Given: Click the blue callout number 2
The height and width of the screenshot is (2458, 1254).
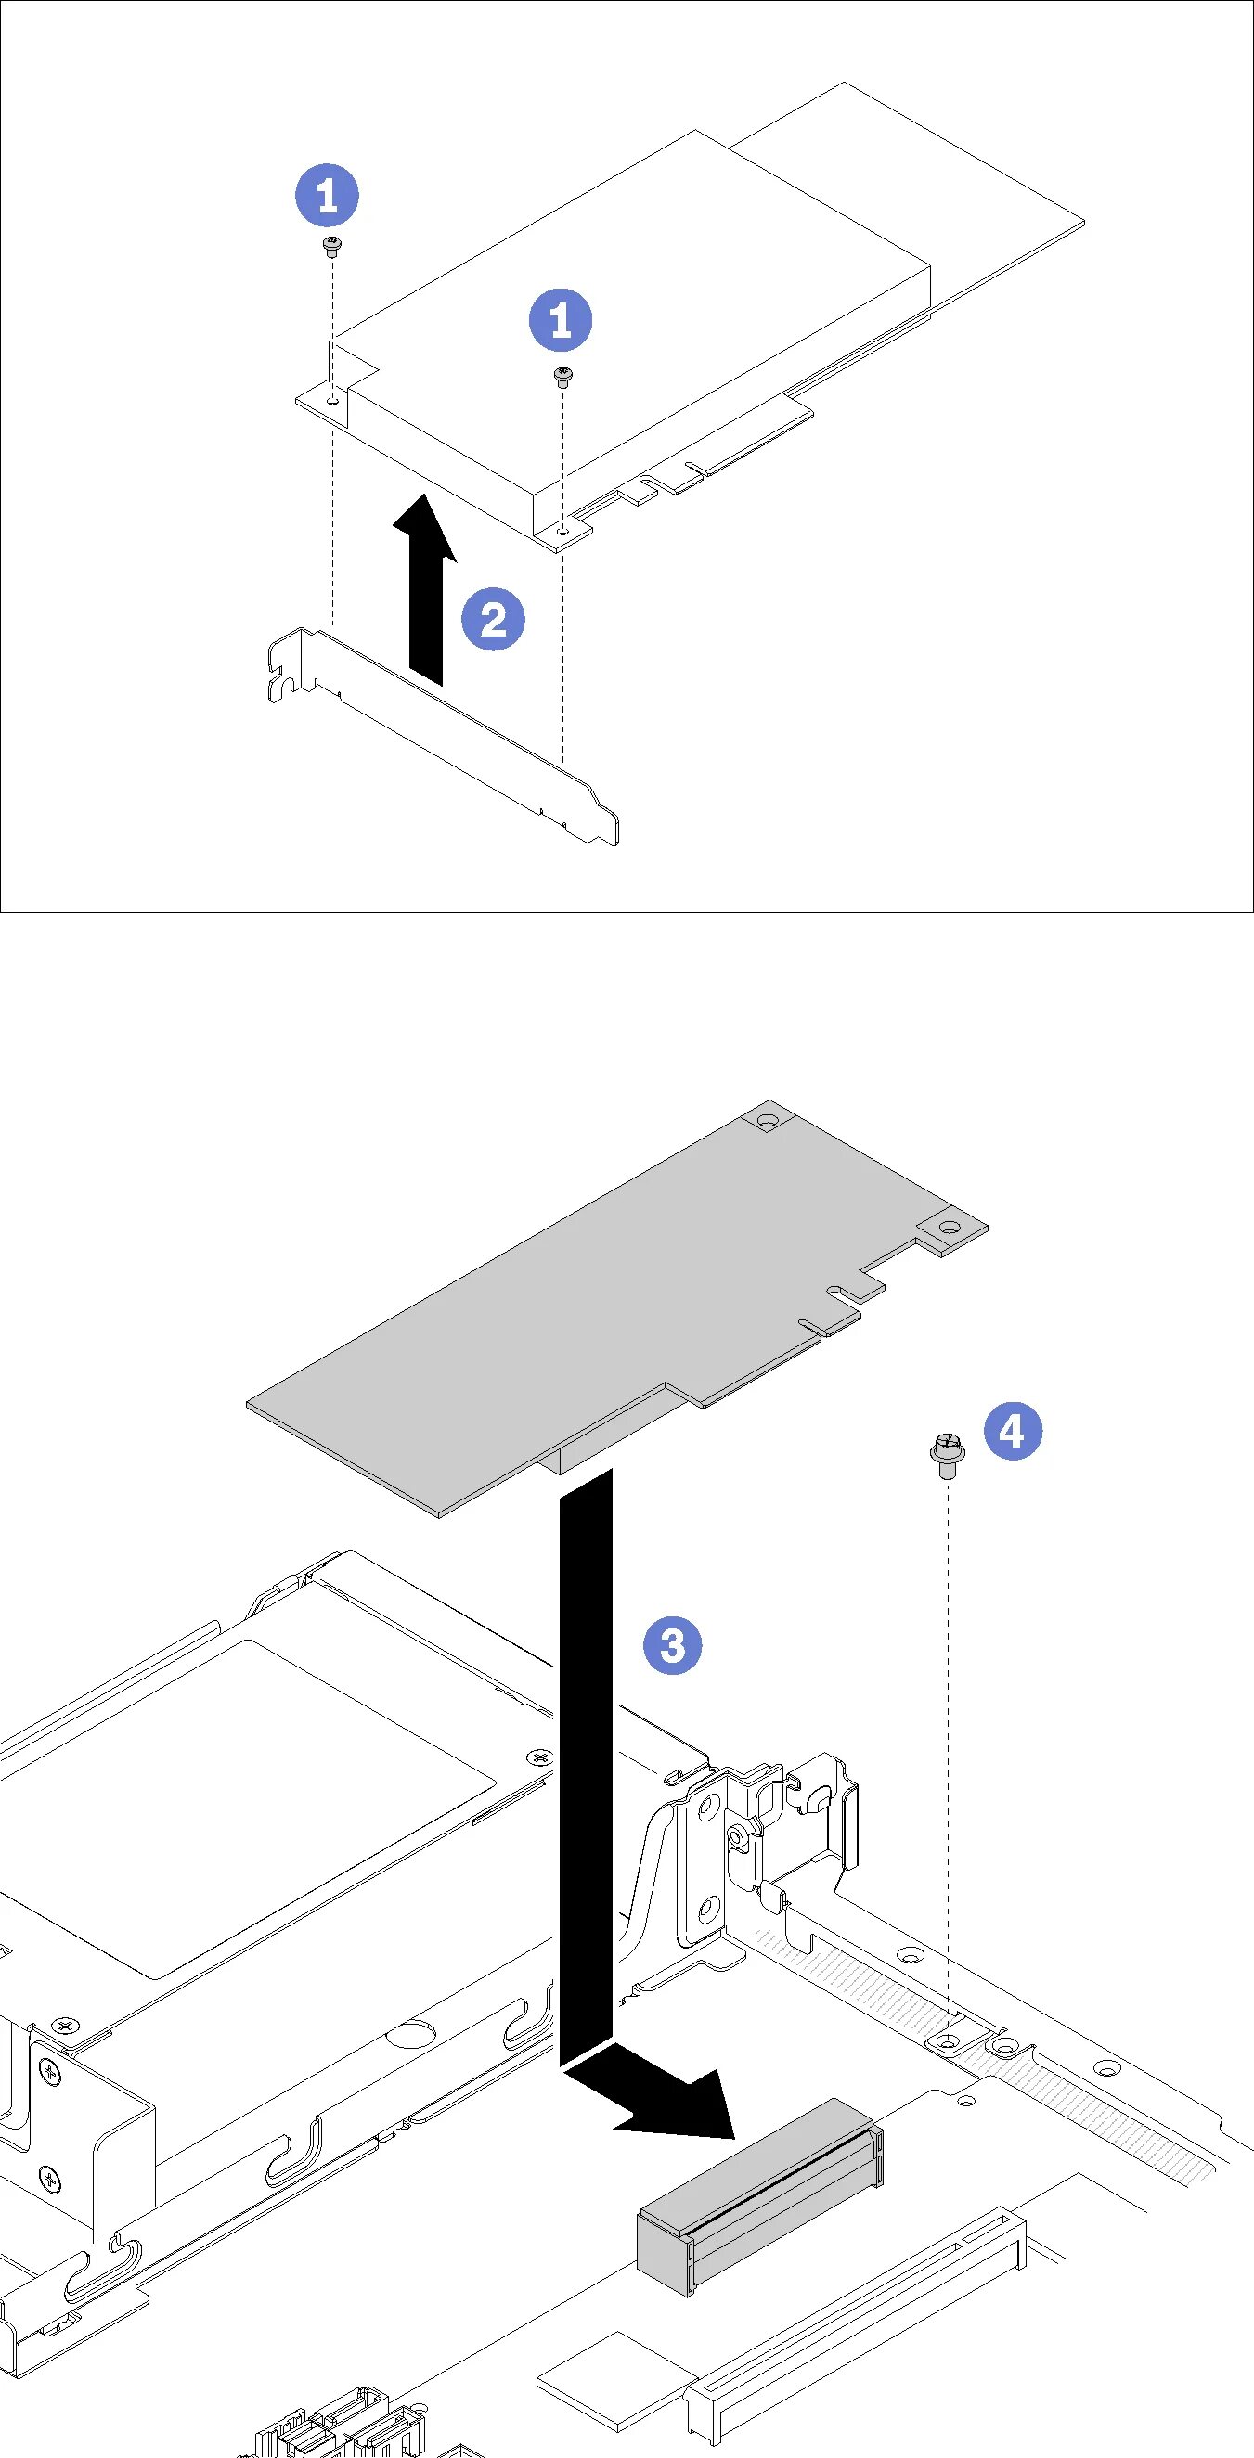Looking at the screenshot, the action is (494, 620).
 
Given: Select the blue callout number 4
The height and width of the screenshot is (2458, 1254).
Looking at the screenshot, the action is (1012, 1430).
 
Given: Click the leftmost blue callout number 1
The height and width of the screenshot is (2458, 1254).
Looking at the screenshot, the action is (327, 196).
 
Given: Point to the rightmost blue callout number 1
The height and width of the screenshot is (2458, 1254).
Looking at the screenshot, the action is (562, 318).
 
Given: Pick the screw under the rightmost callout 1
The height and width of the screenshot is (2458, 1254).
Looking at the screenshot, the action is (563, 376).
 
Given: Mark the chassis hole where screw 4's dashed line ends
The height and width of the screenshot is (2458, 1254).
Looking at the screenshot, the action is (945, 2040).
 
